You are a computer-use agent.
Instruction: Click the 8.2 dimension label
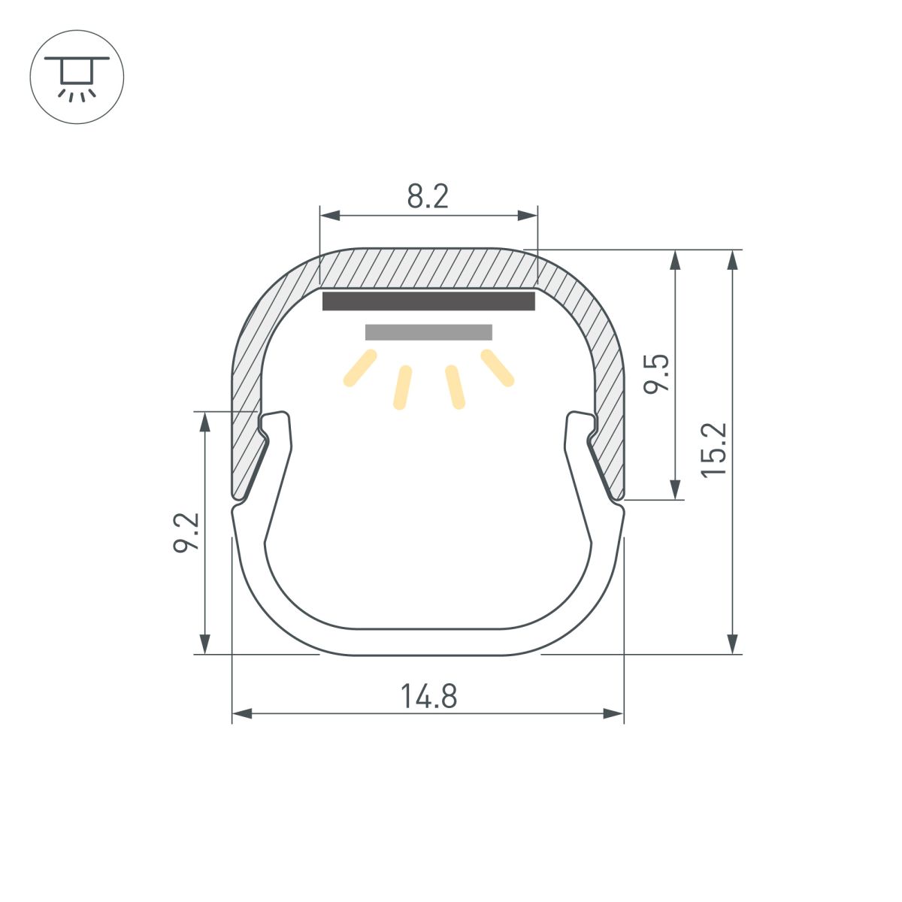428,197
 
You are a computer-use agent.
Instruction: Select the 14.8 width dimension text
428,696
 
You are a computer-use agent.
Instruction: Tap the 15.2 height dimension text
714,449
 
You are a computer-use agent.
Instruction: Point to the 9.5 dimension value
657,373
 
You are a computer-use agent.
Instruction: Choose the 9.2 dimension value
186,532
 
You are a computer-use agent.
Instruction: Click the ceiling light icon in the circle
77,77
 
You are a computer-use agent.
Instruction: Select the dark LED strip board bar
428,301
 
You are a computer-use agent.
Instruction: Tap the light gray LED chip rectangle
428,332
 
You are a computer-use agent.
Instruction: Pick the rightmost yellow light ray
498,368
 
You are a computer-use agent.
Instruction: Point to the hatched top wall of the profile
428,268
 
